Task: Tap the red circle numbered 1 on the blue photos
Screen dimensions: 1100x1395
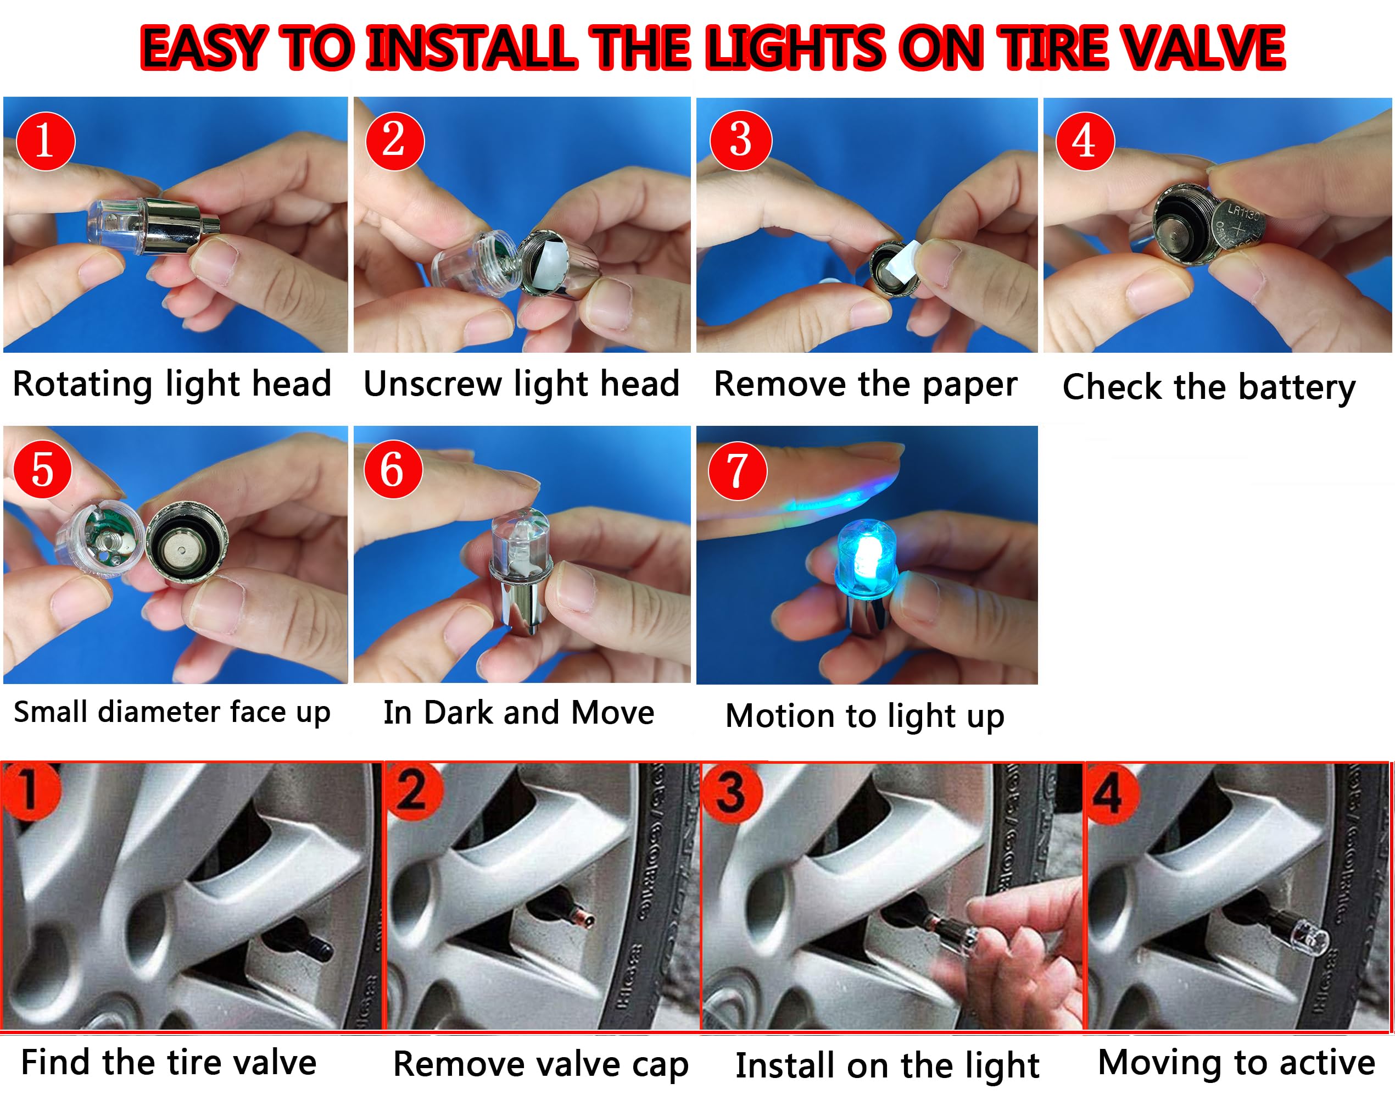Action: [45, 141]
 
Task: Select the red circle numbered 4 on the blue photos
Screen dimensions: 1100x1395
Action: [1085, 141]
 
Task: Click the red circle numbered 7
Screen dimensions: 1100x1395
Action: [737, 471]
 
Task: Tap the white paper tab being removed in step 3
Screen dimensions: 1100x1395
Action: [909, 258]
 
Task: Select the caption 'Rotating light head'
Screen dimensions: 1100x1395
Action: [172, 385]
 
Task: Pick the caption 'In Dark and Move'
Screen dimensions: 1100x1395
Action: [518, 712]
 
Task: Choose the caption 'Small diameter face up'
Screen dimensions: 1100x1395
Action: [172, 712]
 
